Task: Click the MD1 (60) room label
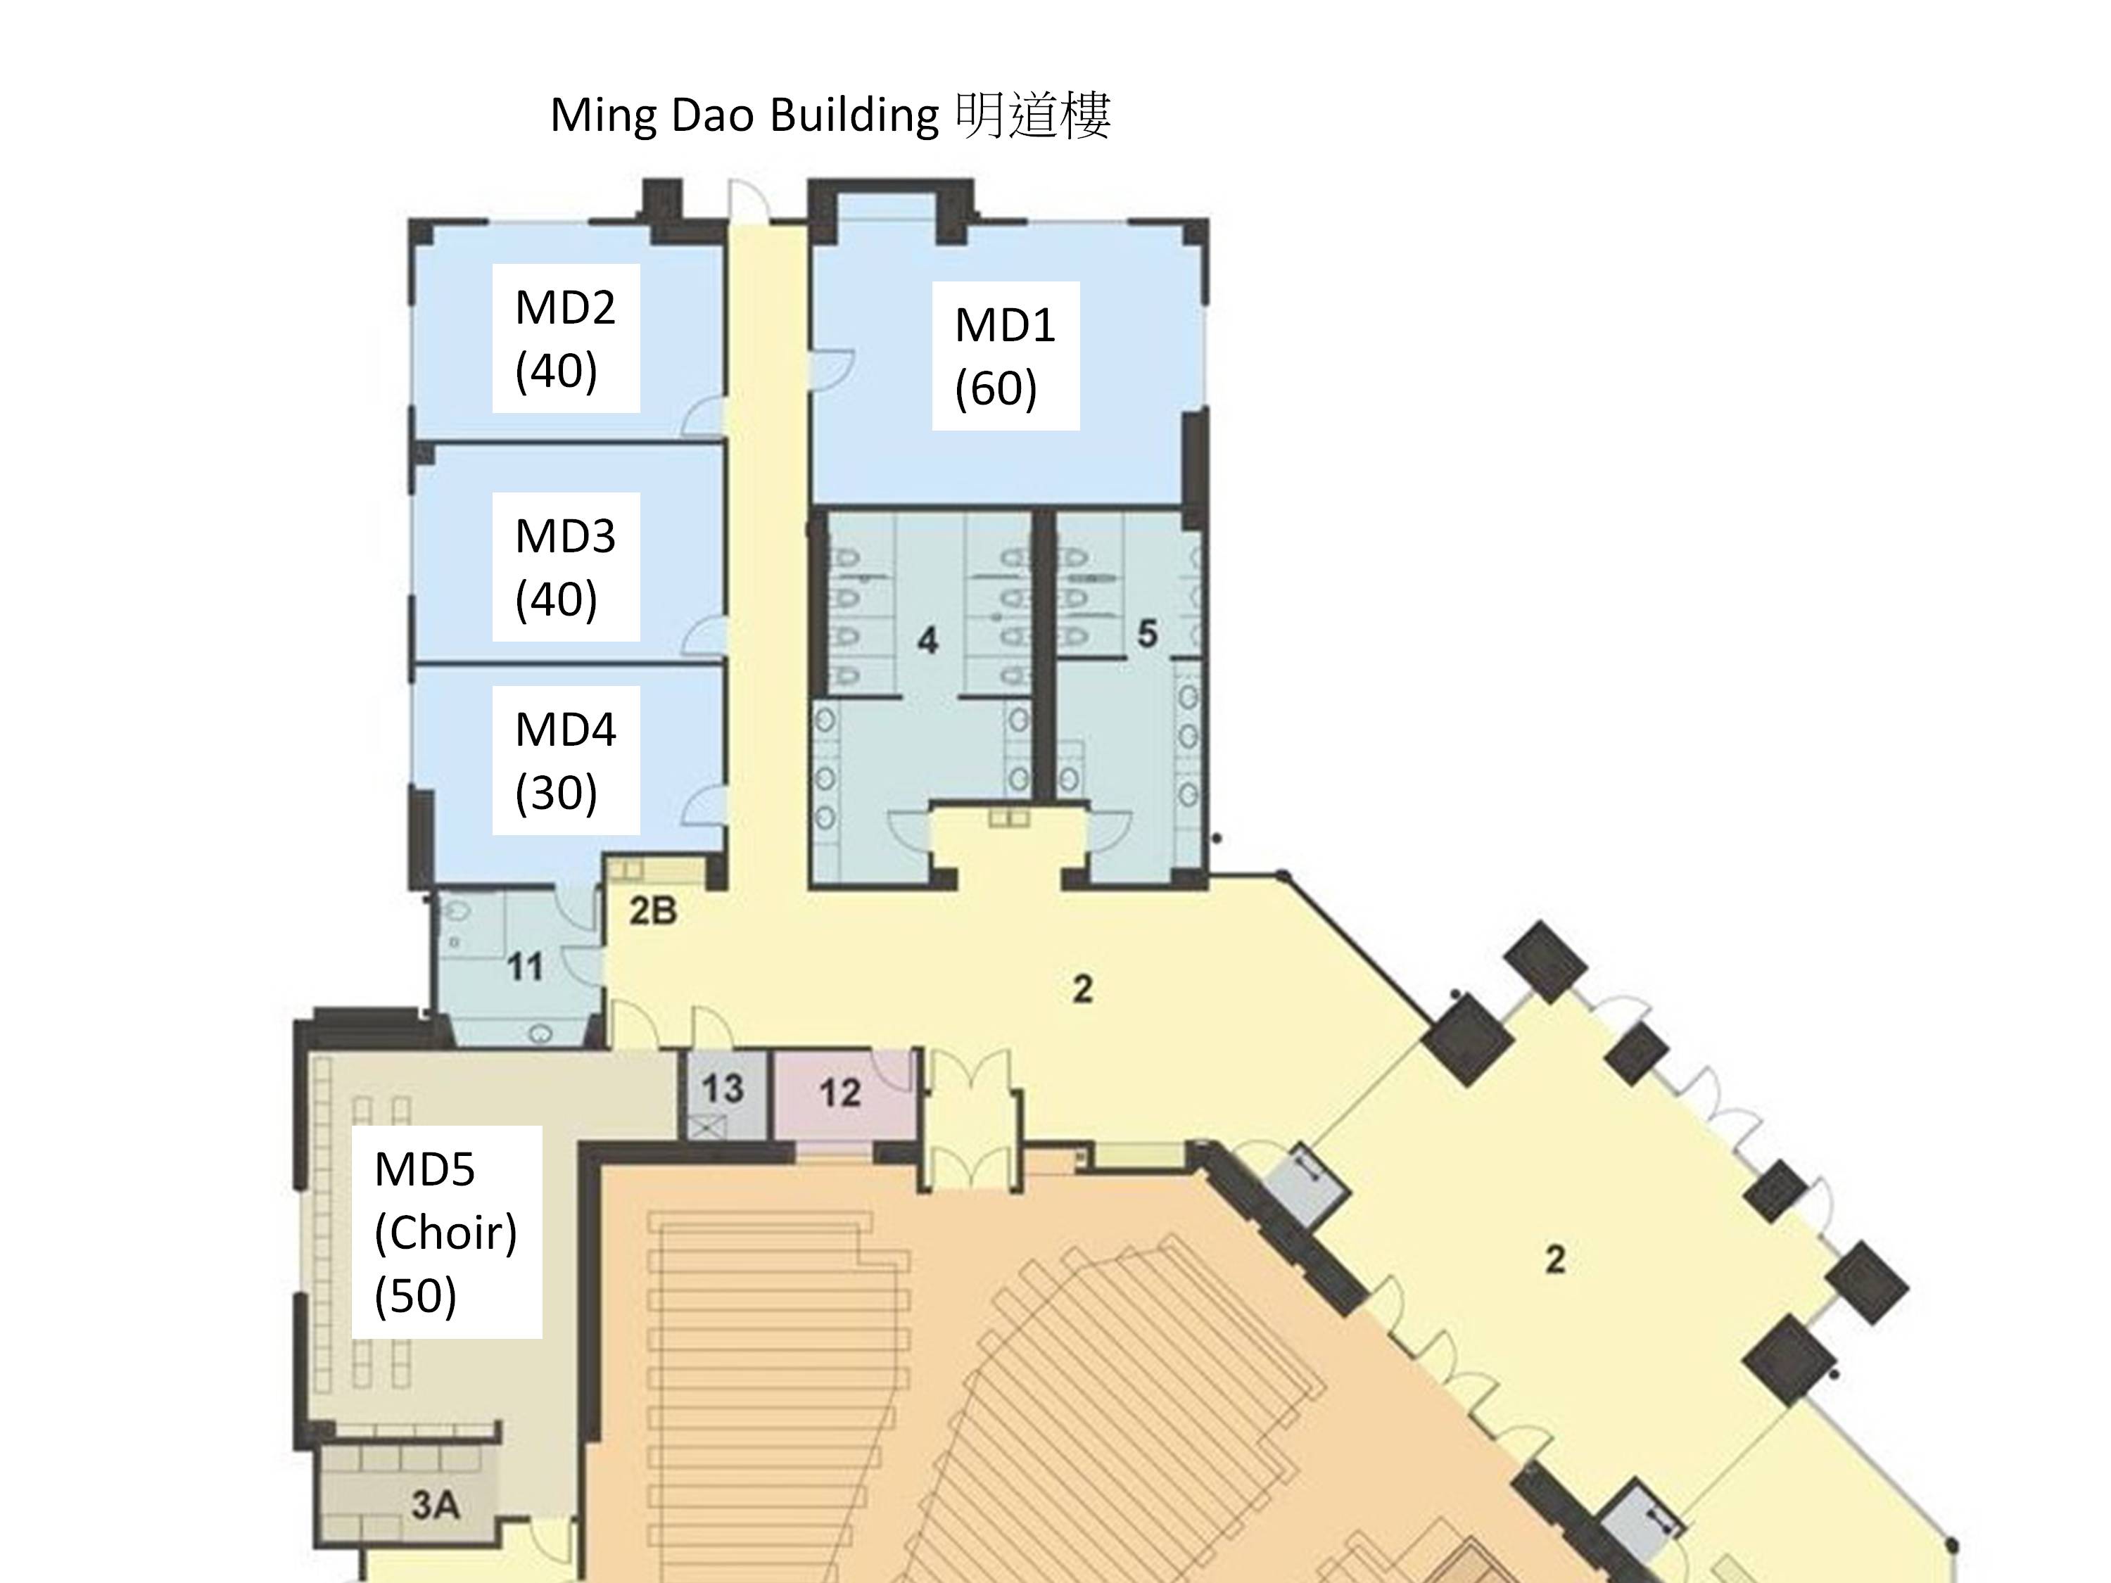pos(1005,355)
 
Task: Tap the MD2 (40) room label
pos(565,338)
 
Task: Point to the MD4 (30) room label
pos(565,760)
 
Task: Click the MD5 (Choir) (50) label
pos(445,1231)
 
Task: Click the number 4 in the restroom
pos(927,640)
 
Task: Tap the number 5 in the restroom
pos(1147,634)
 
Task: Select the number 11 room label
pos(525,967)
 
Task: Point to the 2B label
pos(653,911)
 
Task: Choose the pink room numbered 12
pos(839,1093)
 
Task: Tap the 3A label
pos(435,1506)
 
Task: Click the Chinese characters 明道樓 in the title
pos(1032,115)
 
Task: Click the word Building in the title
pos(854,115)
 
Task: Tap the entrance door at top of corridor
pos(749,201)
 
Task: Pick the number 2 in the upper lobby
pos(1082,989)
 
